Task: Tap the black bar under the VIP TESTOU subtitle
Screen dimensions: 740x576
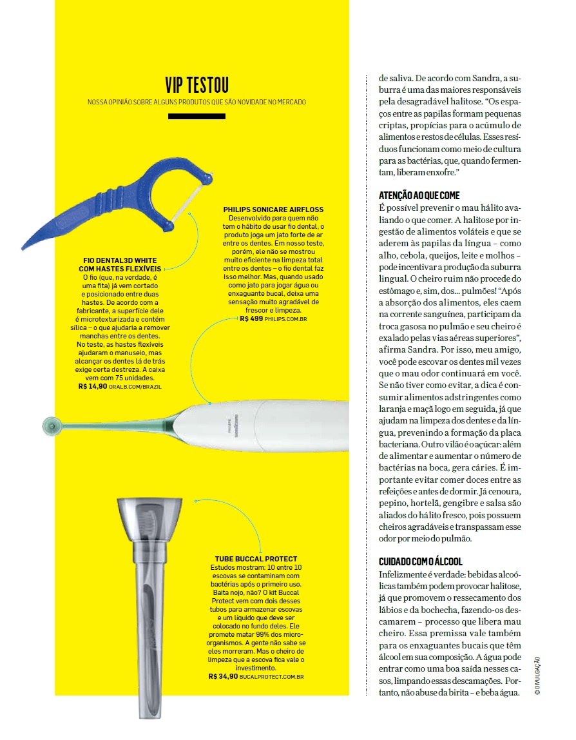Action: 197,116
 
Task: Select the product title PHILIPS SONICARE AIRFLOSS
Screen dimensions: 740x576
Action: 273,209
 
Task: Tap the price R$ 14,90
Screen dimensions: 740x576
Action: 91,386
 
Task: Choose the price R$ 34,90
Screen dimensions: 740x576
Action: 223,677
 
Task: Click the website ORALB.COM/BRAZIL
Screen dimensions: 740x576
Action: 135,387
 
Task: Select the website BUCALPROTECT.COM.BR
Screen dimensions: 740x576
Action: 272,677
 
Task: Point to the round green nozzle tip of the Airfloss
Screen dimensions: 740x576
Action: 51,425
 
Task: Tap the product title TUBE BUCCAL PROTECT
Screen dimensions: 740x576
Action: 256,558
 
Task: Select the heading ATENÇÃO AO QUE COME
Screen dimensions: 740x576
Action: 419,195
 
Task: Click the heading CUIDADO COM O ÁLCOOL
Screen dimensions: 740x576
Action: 420,561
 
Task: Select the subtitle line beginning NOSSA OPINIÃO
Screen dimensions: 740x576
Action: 197,102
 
